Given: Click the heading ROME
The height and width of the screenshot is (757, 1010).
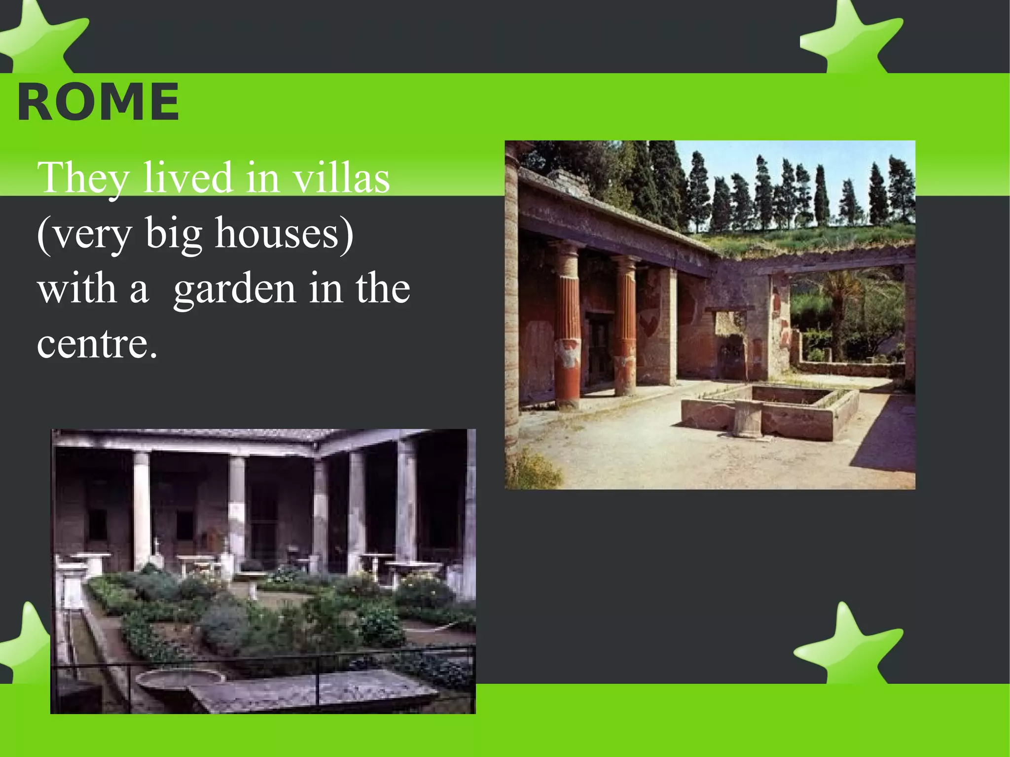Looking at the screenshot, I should click(98, 102).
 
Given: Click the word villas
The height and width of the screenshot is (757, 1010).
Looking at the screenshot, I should click(341, 178).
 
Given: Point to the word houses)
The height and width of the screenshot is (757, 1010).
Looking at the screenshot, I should click(284, 233).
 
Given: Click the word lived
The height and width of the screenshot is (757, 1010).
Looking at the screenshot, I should click(188, 178).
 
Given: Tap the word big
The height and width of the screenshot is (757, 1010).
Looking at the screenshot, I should click(173, 234).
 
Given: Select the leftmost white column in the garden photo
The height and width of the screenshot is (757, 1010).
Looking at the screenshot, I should click(142, 508).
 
